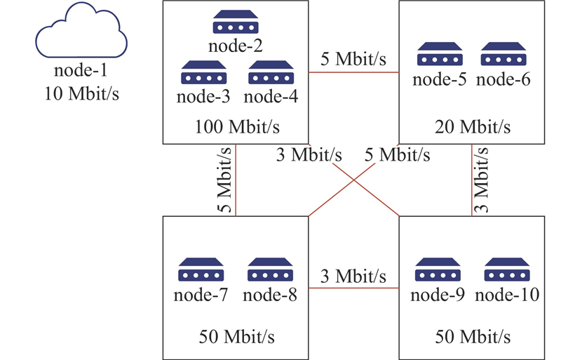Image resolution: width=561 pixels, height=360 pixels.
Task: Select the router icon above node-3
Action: point(203,73)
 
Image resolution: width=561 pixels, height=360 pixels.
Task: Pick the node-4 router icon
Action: point(271,73)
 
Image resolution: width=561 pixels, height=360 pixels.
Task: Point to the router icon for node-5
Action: point(440,55)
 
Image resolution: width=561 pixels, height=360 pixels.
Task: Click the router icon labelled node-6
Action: point(503,55)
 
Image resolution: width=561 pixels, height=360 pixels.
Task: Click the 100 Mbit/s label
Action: point(236,127)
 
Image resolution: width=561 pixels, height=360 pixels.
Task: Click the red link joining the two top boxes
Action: point(354,72)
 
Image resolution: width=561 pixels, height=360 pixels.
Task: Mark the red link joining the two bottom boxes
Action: point(354,288)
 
